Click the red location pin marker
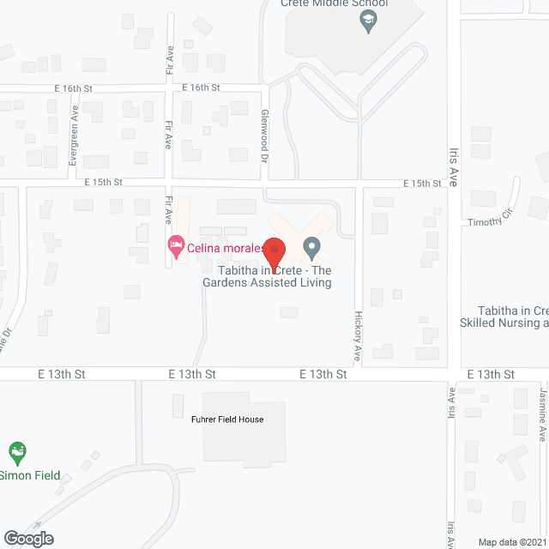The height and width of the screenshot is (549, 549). pos(274,251)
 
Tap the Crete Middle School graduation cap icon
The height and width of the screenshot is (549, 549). pos(370,22)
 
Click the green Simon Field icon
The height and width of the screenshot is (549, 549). pos(16,451)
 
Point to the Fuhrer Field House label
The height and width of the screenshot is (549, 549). pos(226,419)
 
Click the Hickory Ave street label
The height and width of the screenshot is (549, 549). pos(358,330)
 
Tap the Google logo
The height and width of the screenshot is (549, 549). pos(27,538)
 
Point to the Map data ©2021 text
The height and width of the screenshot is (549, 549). pos(511,541)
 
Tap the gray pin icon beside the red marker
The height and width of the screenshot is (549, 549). pos(312,250)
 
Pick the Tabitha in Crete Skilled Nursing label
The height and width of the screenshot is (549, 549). pos(505,317)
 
